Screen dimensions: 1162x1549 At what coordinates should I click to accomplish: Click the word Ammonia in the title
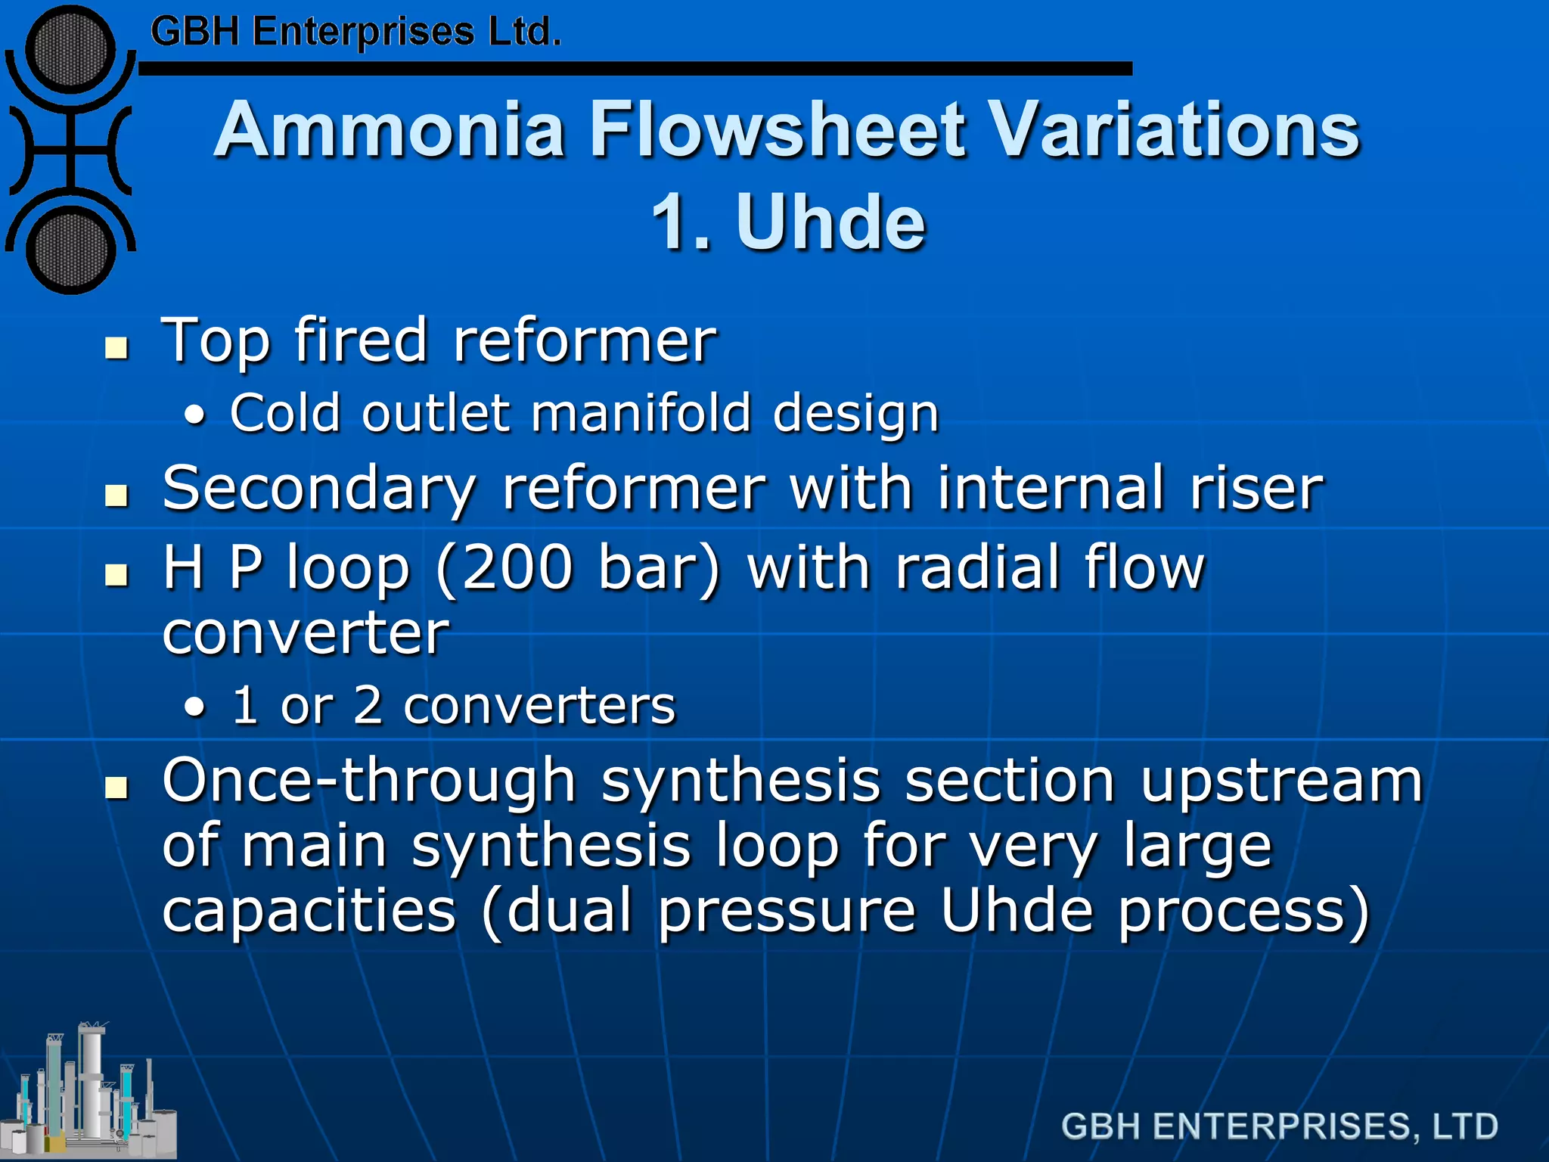[389, 130]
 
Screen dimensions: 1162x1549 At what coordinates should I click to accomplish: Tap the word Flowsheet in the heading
[778, 130]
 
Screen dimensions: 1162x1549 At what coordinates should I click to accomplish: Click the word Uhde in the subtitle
[830, 222]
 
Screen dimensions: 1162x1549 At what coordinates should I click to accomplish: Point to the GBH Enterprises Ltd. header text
[355, 32]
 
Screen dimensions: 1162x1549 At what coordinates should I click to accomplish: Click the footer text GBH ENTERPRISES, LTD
[1279, 1126]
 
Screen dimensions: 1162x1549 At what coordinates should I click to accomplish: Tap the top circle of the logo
[70, 49]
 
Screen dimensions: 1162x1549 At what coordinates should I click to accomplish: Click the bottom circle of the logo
[70, 250]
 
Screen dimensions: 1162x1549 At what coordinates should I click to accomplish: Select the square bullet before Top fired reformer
[116, 348]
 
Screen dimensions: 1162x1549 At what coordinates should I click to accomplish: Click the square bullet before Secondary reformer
[116, 496]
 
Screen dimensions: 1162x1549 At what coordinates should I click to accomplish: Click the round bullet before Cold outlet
[195, 415]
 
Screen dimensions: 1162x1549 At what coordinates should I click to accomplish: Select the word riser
[1256, 489]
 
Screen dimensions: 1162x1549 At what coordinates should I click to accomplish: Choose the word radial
[978, 568]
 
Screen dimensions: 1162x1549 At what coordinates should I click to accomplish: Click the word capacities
[309, 911]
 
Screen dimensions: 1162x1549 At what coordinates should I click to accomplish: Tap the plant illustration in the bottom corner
[88, 1093]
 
